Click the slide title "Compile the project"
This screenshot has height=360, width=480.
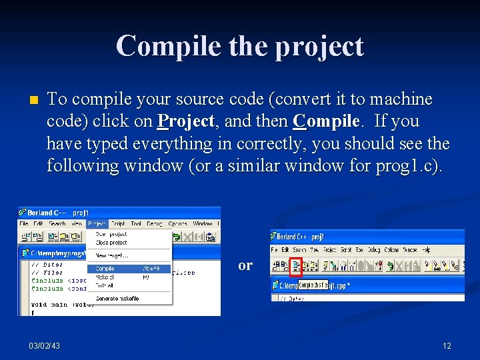pyautogui.click(x=240, y=47)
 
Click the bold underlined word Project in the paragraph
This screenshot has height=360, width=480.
pyautogui.click(x=185, y=121)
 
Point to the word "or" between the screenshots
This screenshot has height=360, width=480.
pyautogui.click(x=245, y=265)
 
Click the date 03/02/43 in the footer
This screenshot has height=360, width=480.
pyautogui.click(x=44, y=345)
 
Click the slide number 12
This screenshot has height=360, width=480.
pyautogui.click(x=447, y=345)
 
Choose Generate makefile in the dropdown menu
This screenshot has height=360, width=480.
pyautogui.click(x=117, y=299)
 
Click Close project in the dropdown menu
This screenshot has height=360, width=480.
pyautogui.click(x=111, y=243)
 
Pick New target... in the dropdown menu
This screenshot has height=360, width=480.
pyautogui.click(x=111, y=255)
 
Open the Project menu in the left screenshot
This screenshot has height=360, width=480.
pyautogui.click(x=97, y=224)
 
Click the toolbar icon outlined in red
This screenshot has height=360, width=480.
pyautogui.click(x=296, y=266)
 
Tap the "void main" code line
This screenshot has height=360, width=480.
pyautogui.click(x=54, y=305)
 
